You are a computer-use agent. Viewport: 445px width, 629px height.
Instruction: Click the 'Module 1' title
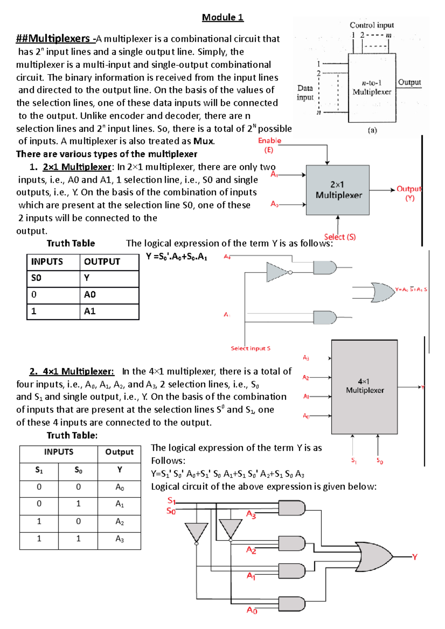coord(222,17)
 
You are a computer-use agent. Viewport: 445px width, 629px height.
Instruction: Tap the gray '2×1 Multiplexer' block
coord(337,190)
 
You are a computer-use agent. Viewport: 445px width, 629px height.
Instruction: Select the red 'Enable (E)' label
coord(270,145)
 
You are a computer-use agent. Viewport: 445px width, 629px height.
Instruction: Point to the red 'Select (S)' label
coord(340,237)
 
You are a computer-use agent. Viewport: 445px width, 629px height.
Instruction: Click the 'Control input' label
coord(372,25)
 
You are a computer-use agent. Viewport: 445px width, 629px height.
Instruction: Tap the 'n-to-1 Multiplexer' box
coord(372,88)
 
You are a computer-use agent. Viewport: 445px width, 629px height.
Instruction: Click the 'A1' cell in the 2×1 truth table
coord(90,311)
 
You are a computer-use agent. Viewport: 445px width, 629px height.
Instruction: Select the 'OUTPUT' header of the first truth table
coord(102,262)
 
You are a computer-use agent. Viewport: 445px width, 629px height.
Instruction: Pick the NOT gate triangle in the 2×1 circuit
coord(277,272)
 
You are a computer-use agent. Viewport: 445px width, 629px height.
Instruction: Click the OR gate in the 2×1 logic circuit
coord(382,292)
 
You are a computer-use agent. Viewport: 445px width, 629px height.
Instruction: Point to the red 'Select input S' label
coord(250,348)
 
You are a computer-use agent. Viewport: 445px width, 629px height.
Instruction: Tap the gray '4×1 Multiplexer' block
coord(365,386)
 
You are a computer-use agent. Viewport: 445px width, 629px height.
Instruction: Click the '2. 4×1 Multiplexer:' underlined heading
coord(72,371)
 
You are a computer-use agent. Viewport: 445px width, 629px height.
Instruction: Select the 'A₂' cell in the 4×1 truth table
coord(119,522)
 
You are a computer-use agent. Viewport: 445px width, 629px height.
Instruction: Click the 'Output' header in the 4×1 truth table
coord(119,452)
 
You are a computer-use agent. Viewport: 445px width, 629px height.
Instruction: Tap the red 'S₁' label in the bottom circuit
coord(171,501)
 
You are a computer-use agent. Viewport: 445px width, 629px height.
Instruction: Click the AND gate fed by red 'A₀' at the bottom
coord(292,604)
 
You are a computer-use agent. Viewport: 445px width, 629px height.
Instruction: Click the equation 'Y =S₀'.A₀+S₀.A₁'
coord(176,257)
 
